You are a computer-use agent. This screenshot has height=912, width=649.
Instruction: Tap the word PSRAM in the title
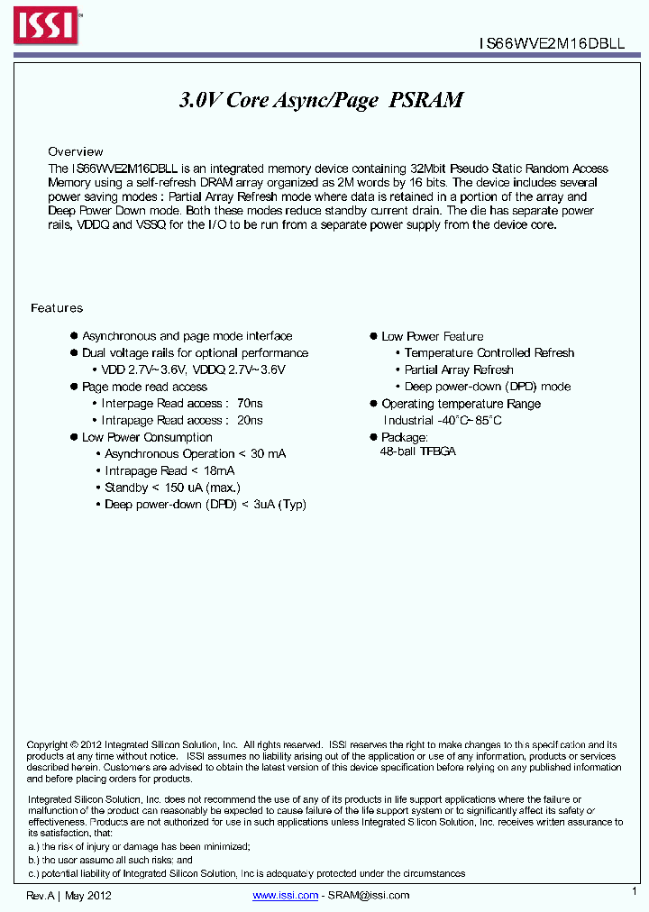[x=426, y=100]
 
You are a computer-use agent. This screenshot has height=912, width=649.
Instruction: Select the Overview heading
[x=76, y=151]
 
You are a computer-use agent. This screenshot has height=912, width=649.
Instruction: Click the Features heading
[x=57, y=308]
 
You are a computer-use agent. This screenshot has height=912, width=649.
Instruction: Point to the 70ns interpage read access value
[x=250, y=404]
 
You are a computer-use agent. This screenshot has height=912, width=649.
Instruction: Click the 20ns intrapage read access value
[x=250, y=420]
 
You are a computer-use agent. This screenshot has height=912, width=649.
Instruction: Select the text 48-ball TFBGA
[x=418, y=451]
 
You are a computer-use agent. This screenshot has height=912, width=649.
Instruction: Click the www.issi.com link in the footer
[x=286, y=895]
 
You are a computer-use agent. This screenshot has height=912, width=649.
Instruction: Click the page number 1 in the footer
[x=634, y=890]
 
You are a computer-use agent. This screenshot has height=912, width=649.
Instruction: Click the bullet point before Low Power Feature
[x=373, y=336]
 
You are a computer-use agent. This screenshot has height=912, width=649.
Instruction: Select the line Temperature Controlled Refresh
[x=489, y=353]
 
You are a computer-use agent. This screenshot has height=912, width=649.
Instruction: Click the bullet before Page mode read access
[x=74, y=387]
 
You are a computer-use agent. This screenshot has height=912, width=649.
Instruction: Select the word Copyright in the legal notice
[x=48, y=745]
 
